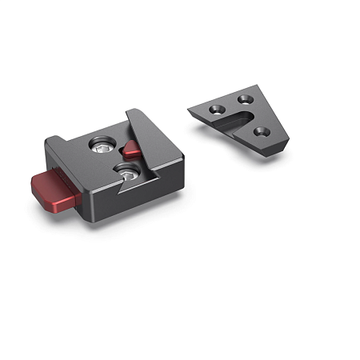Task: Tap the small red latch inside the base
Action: click(130, 149)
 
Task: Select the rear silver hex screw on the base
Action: click(102, 144)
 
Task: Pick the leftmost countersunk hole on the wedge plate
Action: click(216, 109)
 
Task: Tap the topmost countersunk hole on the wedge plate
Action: click(242, 102)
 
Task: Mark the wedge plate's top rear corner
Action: click(258, 90)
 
